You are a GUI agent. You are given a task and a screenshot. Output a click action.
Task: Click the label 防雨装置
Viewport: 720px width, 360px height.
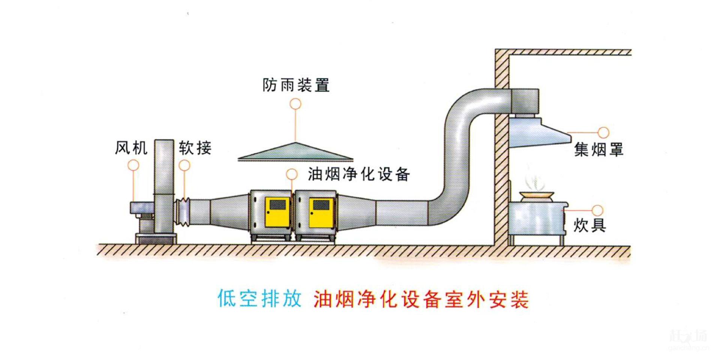pos(296,85)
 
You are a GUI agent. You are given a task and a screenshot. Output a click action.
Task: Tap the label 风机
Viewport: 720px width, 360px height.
pos(131,148)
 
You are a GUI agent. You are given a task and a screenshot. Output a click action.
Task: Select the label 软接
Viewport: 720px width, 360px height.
pos(195,148)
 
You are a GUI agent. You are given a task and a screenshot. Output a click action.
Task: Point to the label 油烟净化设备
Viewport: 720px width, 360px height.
pos(359,174)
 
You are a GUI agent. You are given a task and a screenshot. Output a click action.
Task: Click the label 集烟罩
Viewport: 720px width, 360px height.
pos(598,150)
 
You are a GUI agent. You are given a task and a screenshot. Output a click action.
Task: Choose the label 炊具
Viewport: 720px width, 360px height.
pos(589,225)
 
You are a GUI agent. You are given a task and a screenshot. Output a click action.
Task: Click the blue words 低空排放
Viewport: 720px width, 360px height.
pos(259,299)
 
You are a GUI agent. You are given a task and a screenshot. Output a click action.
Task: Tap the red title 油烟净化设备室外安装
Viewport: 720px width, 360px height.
pos(421,300)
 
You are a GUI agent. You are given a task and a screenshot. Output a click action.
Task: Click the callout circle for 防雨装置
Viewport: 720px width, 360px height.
pos(295,104)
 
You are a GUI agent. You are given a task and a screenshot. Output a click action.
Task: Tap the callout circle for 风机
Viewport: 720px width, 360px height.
pos(133,165)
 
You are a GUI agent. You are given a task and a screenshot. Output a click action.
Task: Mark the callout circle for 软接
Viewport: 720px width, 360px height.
pos(184,165)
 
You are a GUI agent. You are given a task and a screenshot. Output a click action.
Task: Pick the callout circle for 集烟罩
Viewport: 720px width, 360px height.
pos(603,132)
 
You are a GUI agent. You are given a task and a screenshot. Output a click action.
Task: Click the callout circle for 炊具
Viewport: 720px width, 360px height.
pos(597,210)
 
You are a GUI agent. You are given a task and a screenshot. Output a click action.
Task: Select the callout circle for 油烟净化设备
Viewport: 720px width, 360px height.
pos(292,174)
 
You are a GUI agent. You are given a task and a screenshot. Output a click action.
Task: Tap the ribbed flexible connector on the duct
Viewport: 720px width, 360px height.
pos(183,212)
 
